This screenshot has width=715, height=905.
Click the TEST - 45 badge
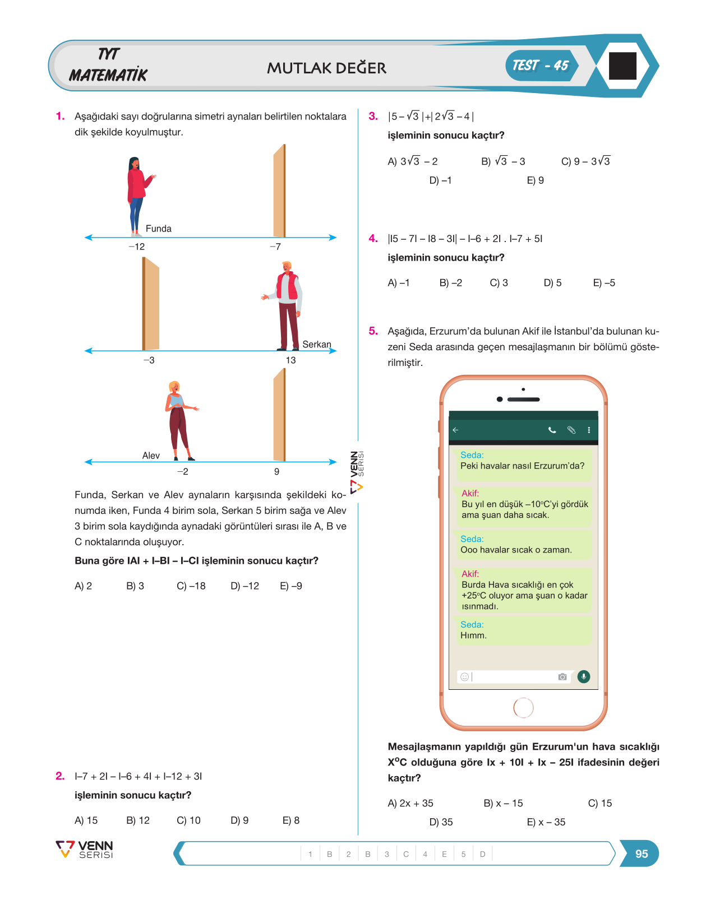542,66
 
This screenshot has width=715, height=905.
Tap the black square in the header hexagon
622,66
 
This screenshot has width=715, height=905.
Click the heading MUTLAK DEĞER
326,68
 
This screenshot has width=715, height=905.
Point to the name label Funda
159,229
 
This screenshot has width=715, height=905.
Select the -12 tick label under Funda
137,247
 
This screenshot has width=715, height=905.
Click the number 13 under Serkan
291,360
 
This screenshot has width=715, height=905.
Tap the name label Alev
151,456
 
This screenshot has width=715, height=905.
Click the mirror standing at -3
151,304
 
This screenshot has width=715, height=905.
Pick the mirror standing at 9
279,415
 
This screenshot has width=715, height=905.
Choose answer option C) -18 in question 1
191,586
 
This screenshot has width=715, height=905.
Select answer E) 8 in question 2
291,820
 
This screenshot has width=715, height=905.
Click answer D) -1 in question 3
440,180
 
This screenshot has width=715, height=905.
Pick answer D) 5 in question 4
552,283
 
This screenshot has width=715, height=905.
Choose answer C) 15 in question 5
600,803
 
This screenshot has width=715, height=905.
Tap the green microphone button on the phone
584,676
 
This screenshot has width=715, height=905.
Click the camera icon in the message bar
562,676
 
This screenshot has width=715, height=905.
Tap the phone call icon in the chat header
552,430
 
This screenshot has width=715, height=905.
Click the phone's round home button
524,708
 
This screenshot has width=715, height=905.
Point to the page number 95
642,853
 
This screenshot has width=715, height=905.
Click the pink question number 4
373,239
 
